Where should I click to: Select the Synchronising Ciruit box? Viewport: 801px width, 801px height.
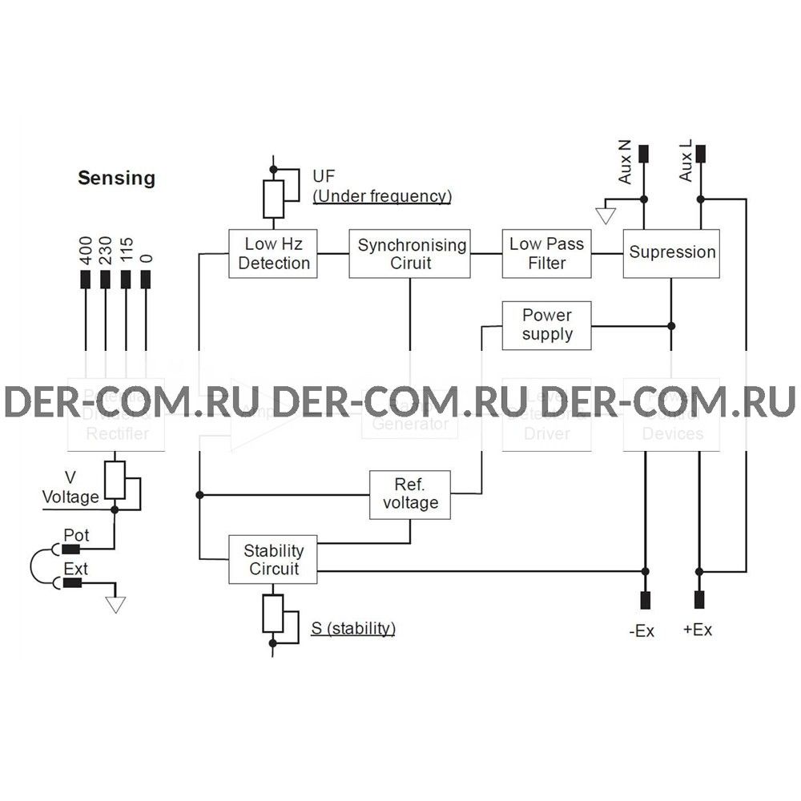(x=409, y=254)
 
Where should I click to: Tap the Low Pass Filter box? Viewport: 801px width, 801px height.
(x=547, y=254)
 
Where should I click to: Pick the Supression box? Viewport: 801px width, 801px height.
(x=672, y=253)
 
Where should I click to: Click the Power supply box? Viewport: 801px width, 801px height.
(x=547, y=325)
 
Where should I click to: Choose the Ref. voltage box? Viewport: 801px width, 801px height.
(x=410, y=494)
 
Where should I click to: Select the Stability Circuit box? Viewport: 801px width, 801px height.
(x=273, y=559)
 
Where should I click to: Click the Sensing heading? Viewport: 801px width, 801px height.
(x=116, y=178)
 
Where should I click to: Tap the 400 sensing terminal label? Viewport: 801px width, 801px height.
(x=85, y=253)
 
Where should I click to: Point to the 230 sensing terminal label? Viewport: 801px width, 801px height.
(x=105, y=253)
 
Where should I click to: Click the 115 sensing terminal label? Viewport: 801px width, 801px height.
(x=125, y=253)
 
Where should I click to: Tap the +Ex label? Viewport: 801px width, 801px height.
(x=697, y=630)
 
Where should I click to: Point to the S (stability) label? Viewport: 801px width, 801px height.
(x=352, y=628)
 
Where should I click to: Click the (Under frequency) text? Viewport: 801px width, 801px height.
(x=381, y=195)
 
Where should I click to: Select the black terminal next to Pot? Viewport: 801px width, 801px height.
(x=76, y=549)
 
